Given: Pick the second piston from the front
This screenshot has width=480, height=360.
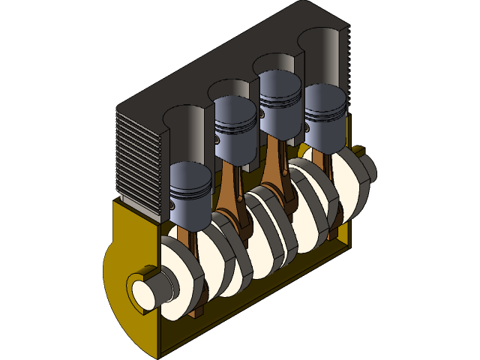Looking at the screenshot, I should coord(236,131).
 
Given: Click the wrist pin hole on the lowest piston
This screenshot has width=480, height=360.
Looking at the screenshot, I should coord(172,203).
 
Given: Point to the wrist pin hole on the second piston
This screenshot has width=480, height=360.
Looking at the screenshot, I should coord(217,139).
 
